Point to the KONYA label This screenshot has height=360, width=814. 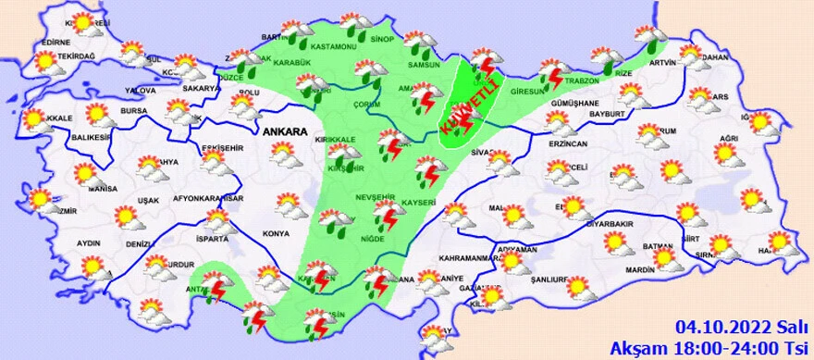pos(277,233)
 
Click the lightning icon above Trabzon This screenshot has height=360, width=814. pos(554,72)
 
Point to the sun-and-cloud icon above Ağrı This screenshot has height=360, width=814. pos(728,154)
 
